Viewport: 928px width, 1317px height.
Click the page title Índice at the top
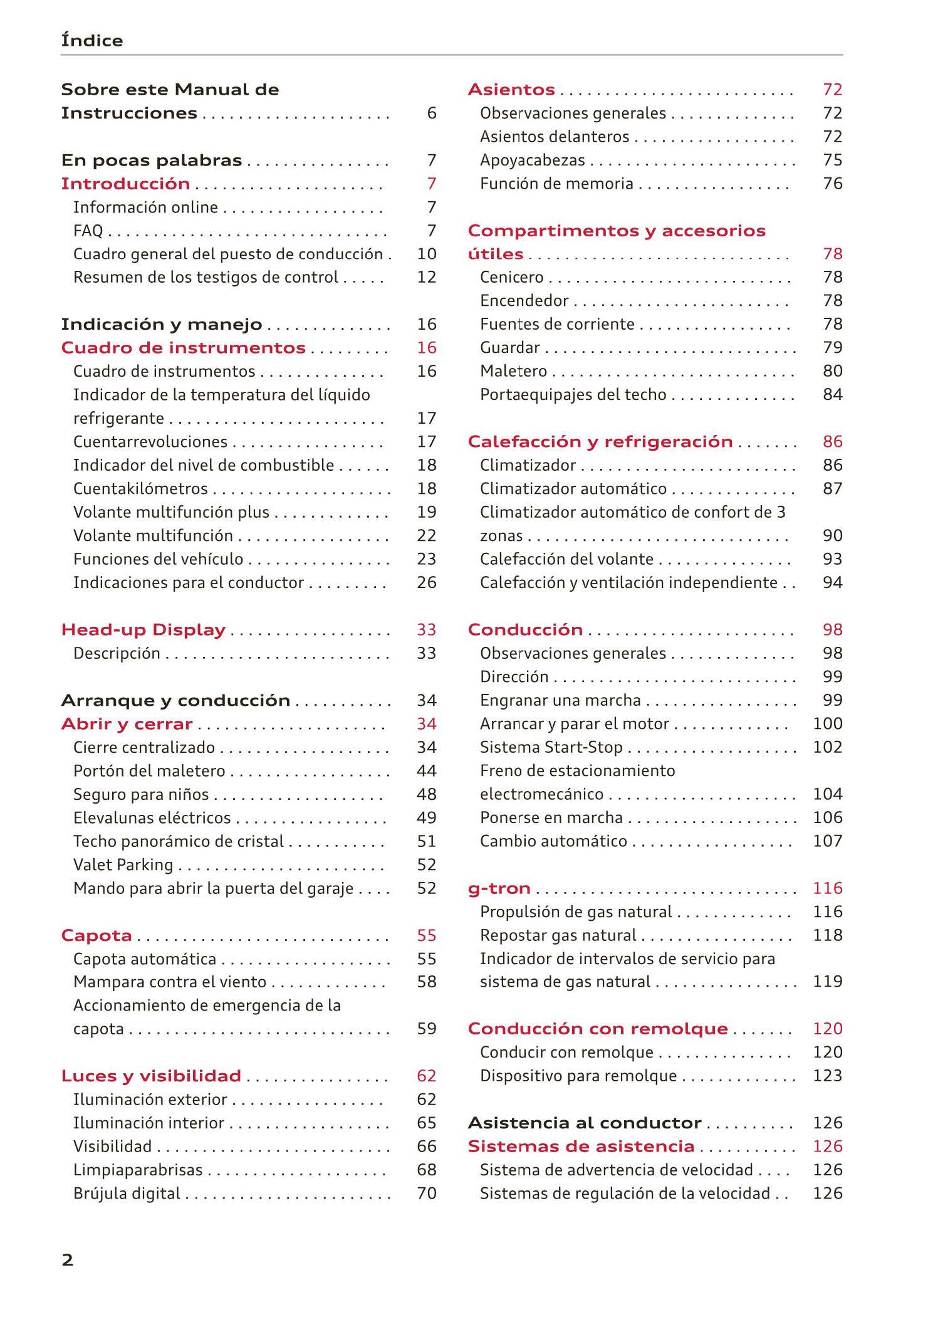(x=92, y=40)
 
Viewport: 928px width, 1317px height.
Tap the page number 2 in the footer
(x=68, y=1259)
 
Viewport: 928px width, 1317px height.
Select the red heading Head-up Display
(x=143, y=630)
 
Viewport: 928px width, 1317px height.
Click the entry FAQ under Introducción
(x=88, y=231)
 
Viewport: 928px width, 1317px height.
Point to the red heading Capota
(x=96, y=935)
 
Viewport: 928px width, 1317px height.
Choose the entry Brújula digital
(x=127, y=1193)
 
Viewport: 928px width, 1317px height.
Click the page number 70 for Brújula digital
(x=426, y=1193)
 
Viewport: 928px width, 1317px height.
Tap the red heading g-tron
(x=499, y=888)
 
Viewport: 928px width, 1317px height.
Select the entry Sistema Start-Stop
(x=551, y=747)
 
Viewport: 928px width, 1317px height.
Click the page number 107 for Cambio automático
(x=827, y=841)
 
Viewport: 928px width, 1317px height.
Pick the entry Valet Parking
(x=123, y=865)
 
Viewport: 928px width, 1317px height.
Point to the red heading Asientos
(x=511, y=90)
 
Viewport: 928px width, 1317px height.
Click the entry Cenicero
(x=511, y=277)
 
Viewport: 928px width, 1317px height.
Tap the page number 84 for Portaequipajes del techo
(x=832, y=395)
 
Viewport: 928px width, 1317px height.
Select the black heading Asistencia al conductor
(x=584, y=1123)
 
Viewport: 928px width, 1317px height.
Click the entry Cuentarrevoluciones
(x=150, y=442)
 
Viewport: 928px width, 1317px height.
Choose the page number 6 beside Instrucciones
(x=431, y=113)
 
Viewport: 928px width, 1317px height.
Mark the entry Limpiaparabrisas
(x=138, y=1170)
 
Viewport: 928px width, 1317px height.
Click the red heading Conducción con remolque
(x=597, y=1029)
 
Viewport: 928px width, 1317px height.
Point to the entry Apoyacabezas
(x=532, y=160)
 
